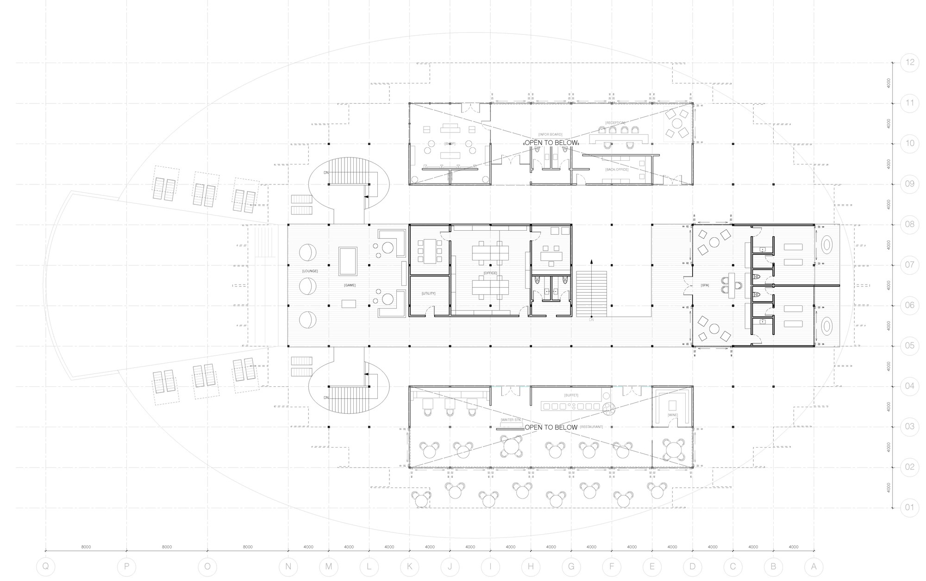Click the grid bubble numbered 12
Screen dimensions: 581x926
tap(910, 63)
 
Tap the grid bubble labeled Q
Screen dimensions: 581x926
tap(45, 566)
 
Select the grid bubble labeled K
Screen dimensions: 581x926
tap(409, 566)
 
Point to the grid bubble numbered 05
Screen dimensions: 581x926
tap(910, 346)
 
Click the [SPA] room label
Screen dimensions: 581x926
tap(705, 285)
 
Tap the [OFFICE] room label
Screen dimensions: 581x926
tap(490, 273)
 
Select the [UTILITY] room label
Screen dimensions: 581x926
tap(428, 293)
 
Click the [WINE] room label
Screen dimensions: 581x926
tap(672, 415)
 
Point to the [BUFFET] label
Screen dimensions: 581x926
tap(571, 395)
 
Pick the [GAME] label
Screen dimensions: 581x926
tap(350, 285)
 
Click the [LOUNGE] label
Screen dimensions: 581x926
tap(310, 271)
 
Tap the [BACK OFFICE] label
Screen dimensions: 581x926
tap(617, 170)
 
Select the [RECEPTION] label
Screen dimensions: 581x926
tap(615, 123)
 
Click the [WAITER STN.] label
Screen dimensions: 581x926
tap(511, 420)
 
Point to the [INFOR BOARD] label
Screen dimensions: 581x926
tap(550, 135)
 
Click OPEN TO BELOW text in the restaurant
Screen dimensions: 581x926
tap(551, 427)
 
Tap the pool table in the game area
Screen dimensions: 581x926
tap(348, 261)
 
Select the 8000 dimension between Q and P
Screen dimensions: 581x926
tap(86, 547)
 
